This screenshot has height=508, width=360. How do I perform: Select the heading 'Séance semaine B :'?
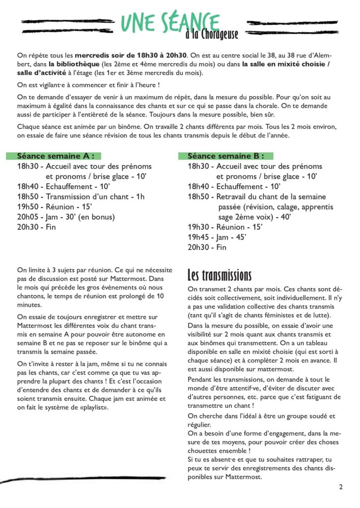226,156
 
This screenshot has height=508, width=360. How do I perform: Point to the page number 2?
341,487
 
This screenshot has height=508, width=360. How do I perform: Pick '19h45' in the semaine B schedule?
198,237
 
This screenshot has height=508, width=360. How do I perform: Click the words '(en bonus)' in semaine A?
98,217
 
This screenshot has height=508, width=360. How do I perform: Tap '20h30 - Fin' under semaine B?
207,247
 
